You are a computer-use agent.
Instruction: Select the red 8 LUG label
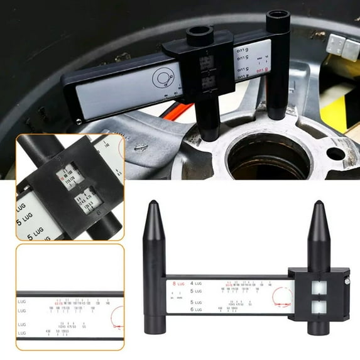click(178, 284)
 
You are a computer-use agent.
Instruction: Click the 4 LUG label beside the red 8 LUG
click(199, 284)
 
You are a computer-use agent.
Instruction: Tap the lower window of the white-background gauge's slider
click(317, 307)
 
